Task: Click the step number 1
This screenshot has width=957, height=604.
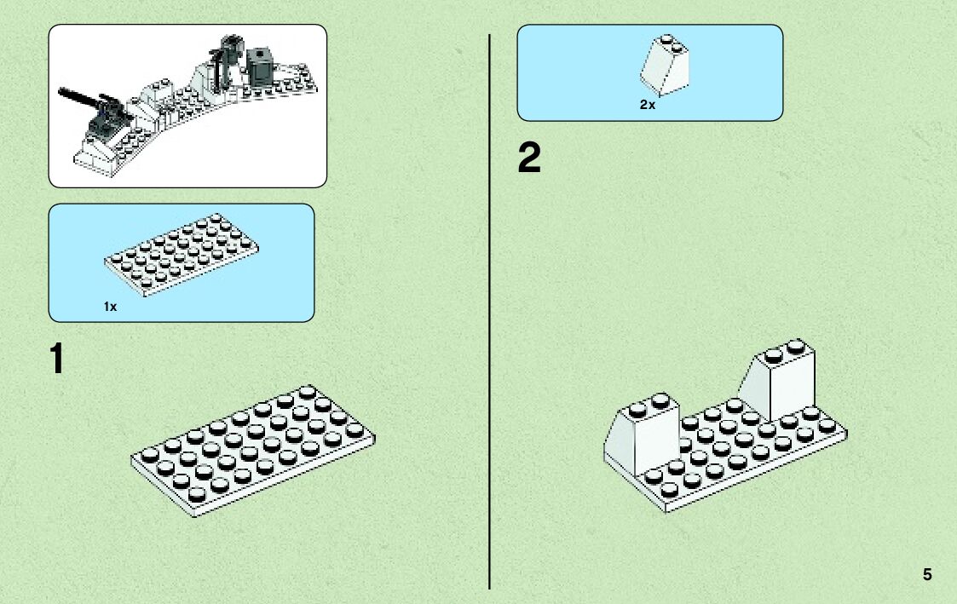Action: (57, 360)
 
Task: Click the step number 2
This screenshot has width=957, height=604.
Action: (529, 159)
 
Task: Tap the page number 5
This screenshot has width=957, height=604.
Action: (927, 575)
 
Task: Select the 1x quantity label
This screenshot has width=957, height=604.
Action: (110, 306)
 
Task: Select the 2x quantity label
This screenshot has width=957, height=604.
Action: (648, 105)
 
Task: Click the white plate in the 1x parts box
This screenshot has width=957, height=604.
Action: (181, 254)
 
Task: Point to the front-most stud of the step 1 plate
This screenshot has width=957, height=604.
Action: (198, 494)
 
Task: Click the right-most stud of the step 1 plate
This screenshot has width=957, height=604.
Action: (355, 429)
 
